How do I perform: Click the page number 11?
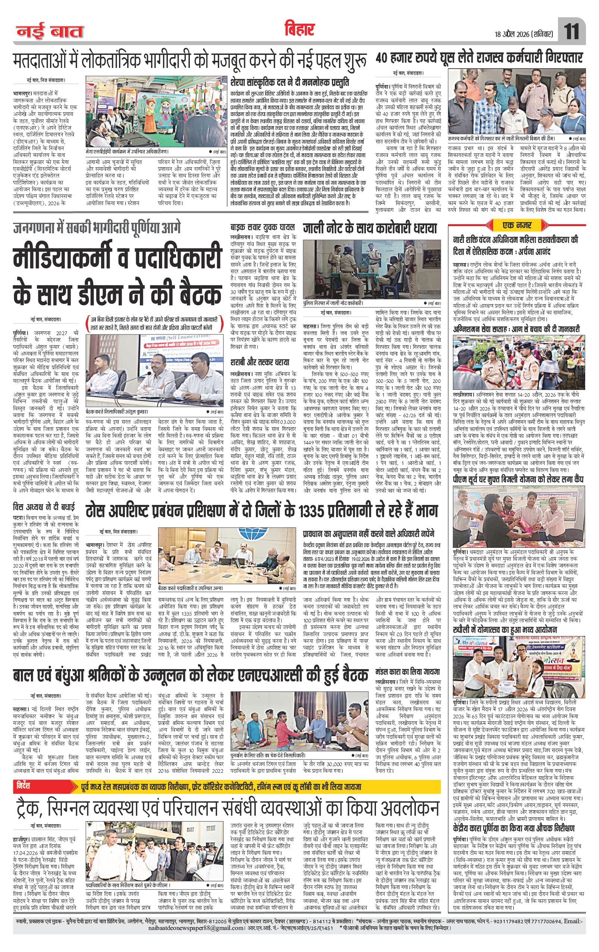pos(572,32)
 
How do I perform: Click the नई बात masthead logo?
pos(50,32)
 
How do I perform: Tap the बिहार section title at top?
pos(299,28)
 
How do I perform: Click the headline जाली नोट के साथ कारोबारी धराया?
pos(371,229)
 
